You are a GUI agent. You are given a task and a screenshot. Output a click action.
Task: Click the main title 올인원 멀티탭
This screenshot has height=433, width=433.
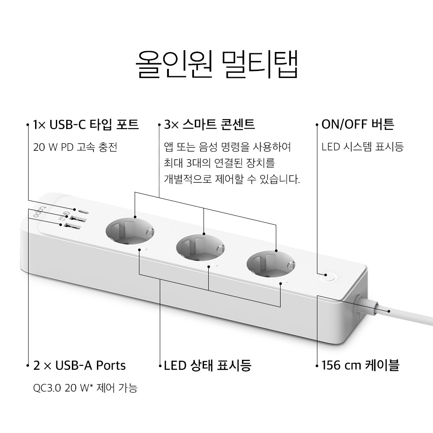click(217, 64)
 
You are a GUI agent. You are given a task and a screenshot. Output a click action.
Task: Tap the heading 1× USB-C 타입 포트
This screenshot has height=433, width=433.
click(86, 125)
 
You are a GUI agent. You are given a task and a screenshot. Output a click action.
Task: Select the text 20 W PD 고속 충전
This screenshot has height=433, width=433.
click(75, 147)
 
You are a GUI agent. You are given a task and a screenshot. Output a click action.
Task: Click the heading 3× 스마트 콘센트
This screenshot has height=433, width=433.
click(209, 125)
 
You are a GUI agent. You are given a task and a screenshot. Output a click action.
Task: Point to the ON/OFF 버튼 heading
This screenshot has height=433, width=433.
click(358, 125)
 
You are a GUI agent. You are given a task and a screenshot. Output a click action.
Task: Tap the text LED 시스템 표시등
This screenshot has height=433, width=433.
click(362, 147)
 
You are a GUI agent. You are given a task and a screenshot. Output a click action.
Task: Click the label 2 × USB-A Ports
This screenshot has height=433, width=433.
click(79, 365)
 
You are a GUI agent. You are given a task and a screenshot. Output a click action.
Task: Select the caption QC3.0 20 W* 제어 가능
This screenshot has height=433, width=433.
click(85, 388)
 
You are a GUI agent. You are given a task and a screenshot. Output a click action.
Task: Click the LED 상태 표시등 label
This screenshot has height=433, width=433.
click(208, 365)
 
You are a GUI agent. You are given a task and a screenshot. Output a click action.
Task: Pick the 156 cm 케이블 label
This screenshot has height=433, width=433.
click(360, 365)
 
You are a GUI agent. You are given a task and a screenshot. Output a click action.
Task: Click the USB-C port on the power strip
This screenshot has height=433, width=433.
click(84, 212)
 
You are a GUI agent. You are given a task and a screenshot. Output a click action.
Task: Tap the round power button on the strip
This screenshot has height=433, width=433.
click(327, 276)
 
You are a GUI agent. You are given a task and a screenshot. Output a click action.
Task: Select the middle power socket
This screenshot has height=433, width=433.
click(200, 247)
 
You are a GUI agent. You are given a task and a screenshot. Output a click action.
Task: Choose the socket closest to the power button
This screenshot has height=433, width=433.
click(271, 265)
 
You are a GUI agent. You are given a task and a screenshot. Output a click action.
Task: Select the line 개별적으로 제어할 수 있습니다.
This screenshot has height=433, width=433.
click(232, 179)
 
